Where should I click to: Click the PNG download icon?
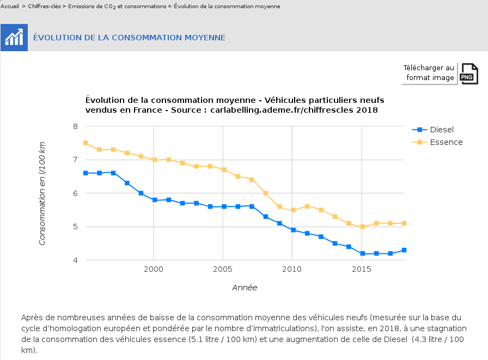coord(469,74)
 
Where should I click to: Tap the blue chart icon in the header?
coord(14,38)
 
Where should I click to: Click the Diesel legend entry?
coord(441,130)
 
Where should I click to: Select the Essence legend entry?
coord(446,142)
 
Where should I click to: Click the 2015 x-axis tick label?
coord(362,270)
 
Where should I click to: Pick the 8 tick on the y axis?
coord(75,126)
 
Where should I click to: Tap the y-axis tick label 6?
coord(75,193)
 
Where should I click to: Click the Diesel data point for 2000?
coord(155,200)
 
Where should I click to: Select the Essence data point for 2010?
coord(293,210)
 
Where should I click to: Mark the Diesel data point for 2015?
coord(362,254)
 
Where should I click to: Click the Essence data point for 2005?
coord(224,170)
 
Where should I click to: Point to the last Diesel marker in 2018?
coord(404,250)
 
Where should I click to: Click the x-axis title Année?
coord(245,288)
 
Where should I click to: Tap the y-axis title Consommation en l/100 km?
coord(42,193)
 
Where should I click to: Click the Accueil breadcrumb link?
coord(10,7)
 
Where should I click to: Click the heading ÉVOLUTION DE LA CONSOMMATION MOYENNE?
coord(129,38)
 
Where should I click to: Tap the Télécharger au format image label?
coord(429,73)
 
